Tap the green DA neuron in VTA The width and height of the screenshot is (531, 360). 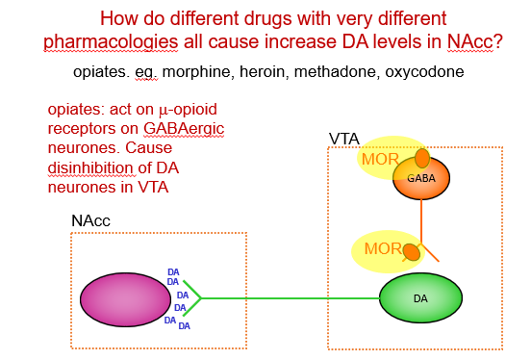pyautogui.click(x=419, y=297)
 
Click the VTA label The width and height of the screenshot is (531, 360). pyautogui.click(x=344, y=140)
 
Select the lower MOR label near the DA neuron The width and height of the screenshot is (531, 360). pyautogui.click(x=383, y=249)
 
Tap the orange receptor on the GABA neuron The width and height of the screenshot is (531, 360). pyautogui.click(x=421, y=158)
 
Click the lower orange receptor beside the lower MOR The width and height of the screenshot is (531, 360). pyautogui.click(x=411, y=252)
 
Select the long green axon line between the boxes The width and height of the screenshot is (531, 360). pyautogui.click(x=289, y=297)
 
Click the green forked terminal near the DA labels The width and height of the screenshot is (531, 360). pyautogui.click(x=191, y=297)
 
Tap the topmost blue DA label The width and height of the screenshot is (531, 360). pyautogui.click(x=173, y=271)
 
